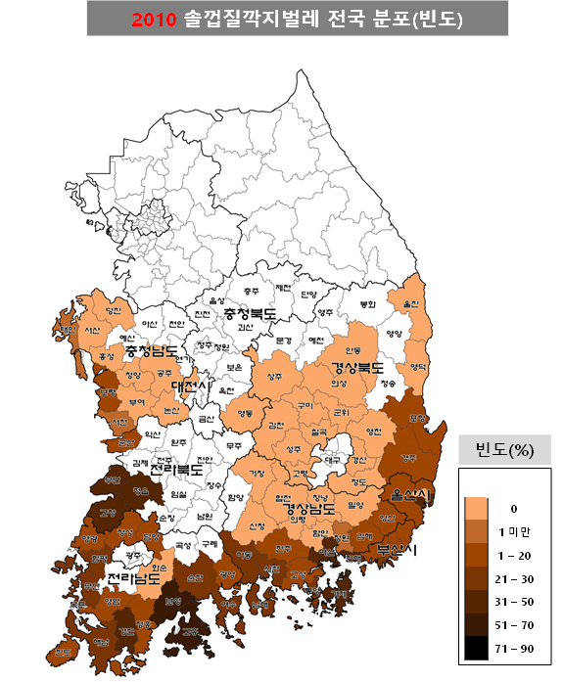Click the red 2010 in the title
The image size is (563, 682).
[154, 19]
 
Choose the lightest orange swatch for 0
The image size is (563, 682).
[477, 508]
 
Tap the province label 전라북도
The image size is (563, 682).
[177, 469]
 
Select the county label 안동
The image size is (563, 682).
[353, 349]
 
